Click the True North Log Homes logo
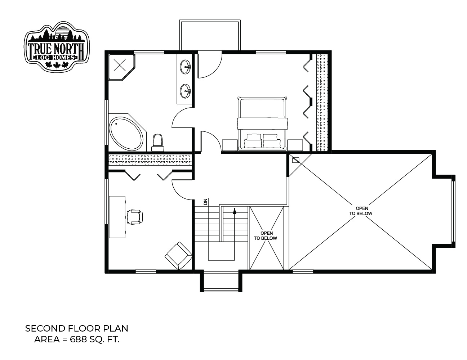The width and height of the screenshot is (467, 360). pos(57,47)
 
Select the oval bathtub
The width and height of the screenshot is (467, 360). pos(126,133)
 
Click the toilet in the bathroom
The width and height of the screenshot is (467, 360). pos(158,143)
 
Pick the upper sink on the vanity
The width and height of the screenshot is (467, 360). pos(185,67)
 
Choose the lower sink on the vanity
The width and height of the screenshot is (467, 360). pos(185,91)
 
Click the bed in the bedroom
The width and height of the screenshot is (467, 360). pos(262,123)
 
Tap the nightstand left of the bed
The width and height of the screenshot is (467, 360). pos(230,145)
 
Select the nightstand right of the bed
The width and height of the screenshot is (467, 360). pos(295,145)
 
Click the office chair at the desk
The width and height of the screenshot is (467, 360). pos(135,217)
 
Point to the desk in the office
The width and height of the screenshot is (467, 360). pos(117,217)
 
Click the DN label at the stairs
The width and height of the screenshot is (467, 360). pos(206,202)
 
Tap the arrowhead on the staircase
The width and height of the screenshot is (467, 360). pos(235,211)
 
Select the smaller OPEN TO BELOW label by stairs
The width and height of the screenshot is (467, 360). pos(266,236)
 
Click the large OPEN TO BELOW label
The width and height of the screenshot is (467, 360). pos(361,211)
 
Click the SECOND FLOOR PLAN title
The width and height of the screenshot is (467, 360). pos(77,329)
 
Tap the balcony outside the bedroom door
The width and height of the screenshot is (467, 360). pos(210,35)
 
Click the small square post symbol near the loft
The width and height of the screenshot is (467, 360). pos(296,160)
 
